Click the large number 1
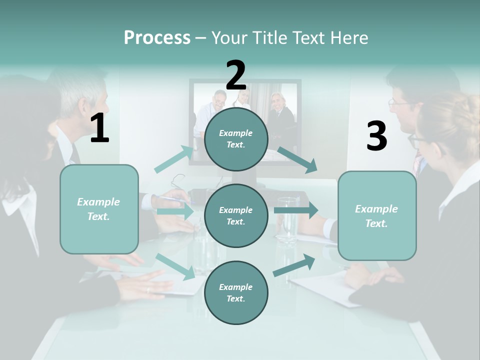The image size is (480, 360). pyautogui.click(x=99, y=128)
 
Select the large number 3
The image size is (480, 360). pyautogui.click(x=376, y=136)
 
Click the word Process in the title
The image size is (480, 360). pyautogui.click(x=157, y=37)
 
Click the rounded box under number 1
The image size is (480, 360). pyautogui.click(x=99, y=209)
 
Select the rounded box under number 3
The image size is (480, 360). pyautogui.click(x=377, y=215)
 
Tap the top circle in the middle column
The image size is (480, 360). pyautogui.click(x=236, y=138)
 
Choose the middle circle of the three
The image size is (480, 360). pyautogui.click(x=236, y=215)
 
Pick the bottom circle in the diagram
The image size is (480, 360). pyautogui.click(x=236, y=292)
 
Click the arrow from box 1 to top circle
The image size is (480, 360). pyautogui.click(x=174, y=159)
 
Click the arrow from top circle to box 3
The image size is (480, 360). pyautogui.click(x=297, y=159)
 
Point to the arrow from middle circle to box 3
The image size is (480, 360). pyautogui.click(x=295, y=210)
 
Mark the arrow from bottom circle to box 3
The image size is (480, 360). pyautogui.click(x=294, y=265)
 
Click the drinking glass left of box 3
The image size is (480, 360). pyautogui.click(x=288, y=220)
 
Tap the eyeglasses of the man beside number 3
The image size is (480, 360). pyautogui.click(x=398, y=102)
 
